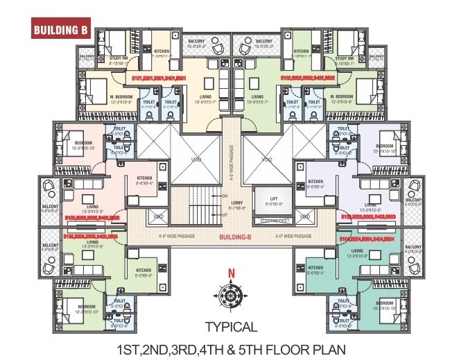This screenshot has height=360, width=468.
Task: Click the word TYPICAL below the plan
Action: (x=232, y=327)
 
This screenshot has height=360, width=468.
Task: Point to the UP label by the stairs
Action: (x=223, y=214)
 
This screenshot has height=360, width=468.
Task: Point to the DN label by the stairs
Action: (x=223, y=196)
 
